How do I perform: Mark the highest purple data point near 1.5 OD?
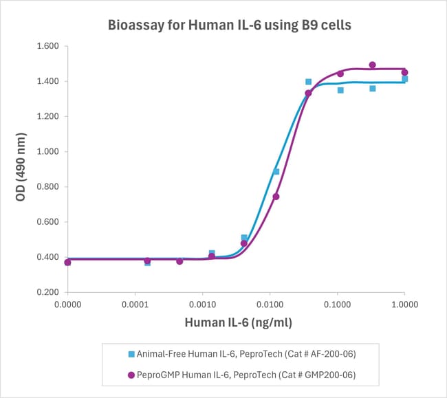coord(372,65)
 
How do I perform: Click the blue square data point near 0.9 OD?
coord(276,172)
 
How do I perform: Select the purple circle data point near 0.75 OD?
coord(276,197)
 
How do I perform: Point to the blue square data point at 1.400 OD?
coord(308,82)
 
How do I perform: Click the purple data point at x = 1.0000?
coord(404,72)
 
